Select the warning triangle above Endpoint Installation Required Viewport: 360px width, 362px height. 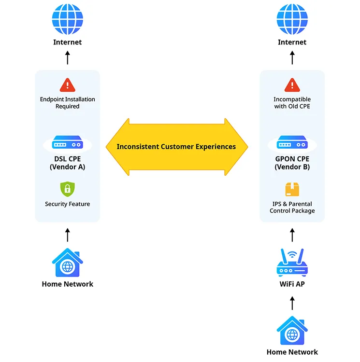click(67, 85)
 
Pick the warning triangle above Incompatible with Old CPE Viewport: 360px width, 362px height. click(292, 85)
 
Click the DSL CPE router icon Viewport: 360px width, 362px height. click(67, 144)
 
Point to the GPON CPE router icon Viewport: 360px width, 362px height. click(292, 144)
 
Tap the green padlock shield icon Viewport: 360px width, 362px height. click(67, 189)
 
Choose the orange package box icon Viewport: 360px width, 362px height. click(292, 189)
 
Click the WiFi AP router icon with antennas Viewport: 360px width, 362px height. click(292, 263)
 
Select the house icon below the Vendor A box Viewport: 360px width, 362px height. click(67, 263)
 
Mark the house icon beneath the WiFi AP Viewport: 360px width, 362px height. click(292, 331)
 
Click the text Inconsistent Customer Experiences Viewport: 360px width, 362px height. click(176, 146)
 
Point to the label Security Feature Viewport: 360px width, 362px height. click(67, 204)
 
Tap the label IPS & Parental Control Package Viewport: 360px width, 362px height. click(292, 208)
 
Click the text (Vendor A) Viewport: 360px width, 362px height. click(67, 167)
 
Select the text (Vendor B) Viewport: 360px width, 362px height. click(292, 167)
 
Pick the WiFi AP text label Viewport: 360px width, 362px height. click(292, 284)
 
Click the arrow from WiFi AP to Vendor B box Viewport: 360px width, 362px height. click(292, 235)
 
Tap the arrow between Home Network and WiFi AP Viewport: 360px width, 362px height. click(292, 303)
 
